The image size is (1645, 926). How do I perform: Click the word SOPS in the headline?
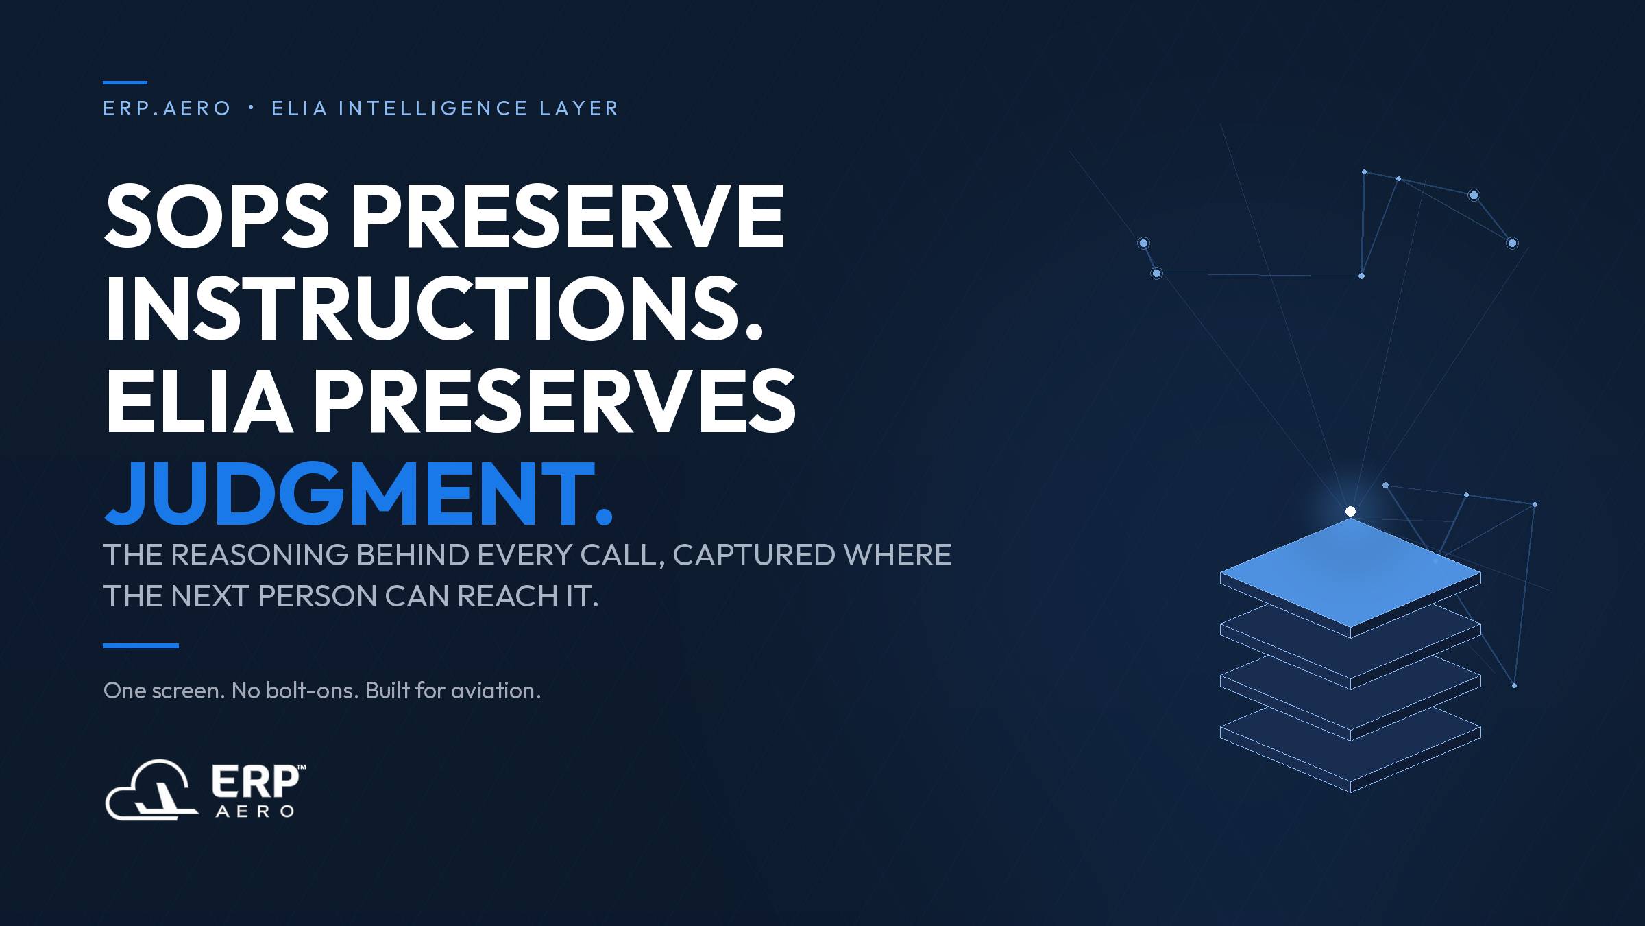pos(217,216)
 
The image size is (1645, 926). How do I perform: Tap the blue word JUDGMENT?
pos(358,493)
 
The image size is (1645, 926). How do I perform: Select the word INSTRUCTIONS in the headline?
pos(433,308)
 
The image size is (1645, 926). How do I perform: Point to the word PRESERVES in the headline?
pos(555,401)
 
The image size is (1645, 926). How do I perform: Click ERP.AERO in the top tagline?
pos(167,108)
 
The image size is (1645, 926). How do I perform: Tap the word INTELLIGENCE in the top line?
pos(433,108)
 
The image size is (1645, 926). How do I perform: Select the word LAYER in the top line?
pos(579,108)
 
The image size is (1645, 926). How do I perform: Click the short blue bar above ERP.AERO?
pos(125,82)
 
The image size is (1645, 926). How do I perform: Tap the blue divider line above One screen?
pos(141,645)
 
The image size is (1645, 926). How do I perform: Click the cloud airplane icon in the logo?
pos(151,790)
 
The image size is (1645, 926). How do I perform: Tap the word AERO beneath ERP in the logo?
pos(255,811)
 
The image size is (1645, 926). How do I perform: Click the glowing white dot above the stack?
pos(1350,511)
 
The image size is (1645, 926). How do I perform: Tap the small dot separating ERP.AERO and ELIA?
pos(252,108)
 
